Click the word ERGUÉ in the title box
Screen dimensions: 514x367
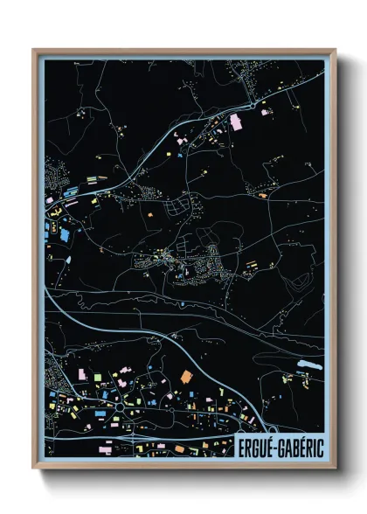pyautogui.click(x=259, y=446)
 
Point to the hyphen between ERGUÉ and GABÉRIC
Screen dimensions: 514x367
pyautogui.click(x=278, y=447)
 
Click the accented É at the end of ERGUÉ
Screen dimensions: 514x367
pyautogui.click(x=273, y=446)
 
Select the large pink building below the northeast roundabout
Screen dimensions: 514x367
pyautogui.click(x=234, y=124)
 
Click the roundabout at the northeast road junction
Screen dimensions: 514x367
pyautogui.click(x=253, y=105)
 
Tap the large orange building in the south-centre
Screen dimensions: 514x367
pyautogui.click(x=184, y=375)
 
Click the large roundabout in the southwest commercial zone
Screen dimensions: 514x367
pyautogui.click(x=119, y=407)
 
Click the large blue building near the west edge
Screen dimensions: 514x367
pyautogui.click(x=63, y=234)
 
